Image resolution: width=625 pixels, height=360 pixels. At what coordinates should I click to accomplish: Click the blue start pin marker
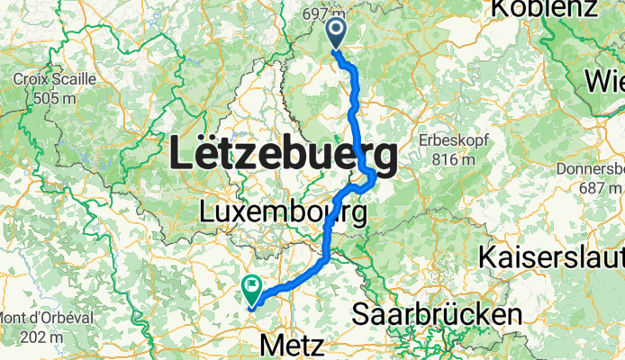(x=336, y=33)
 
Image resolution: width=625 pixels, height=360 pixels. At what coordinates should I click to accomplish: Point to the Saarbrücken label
(x=437, y=315)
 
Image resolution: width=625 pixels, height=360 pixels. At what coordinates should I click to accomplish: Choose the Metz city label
(x=291, y=345)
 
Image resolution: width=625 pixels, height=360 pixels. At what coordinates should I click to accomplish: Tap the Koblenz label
(x=543, y=9)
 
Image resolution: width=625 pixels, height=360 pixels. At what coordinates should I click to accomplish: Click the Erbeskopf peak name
(x=448, y=141)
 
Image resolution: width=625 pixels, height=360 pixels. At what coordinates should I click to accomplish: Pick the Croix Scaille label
(x=55, y=79)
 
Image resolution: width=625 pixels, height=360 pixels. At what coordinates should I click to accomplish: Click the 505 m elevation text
(x=55, y=96)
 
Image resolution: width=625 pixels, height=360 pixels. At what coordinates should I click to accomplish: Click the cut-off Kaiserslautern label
(x=551, y=254)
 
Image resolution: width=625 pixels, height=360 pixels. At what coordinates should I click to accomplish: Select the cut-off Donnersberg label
(x=593, y=169)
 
